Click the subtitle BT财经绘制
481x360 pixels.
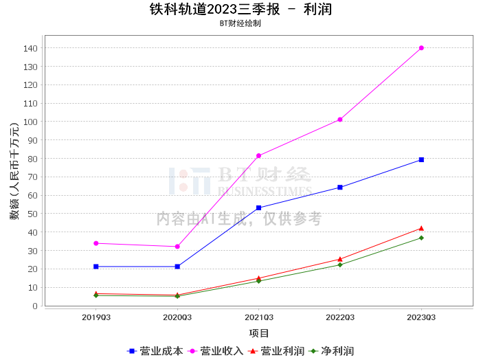[x=240, y=23]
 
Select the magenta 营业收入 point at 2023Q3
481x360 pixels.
[x=421, y=48]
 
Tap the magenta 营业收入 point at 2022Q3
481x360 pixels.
[x=340, y=120]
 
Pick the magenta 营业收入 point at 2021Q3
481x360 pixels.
[x=258, y=156]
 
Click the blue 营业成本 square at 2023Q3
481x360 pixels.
[x=421, y=159]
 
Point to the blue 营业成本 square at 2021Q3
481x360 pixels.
[x=258, y=207]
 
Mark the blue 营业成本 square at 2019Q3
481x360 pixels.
[x=96, y=267]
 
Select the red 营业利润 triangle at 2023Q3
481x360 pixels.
[x=421, y=228]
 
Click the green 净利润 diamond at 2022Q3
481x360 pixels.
[x=340, y=265]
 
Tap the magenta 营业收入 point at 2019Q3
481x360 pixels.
[x=96, y=243]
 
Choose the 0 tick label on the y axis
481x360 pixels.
[x=35, y=306]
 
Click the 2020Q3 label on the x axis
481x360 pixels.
[x=177, y=317]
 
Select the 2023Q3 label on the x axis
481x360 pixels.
[x=421, y=317]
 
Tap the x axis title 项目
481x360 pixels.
[x=259, y=333]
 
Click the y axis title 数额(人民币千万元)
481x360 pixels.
[x=14, y=172]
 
